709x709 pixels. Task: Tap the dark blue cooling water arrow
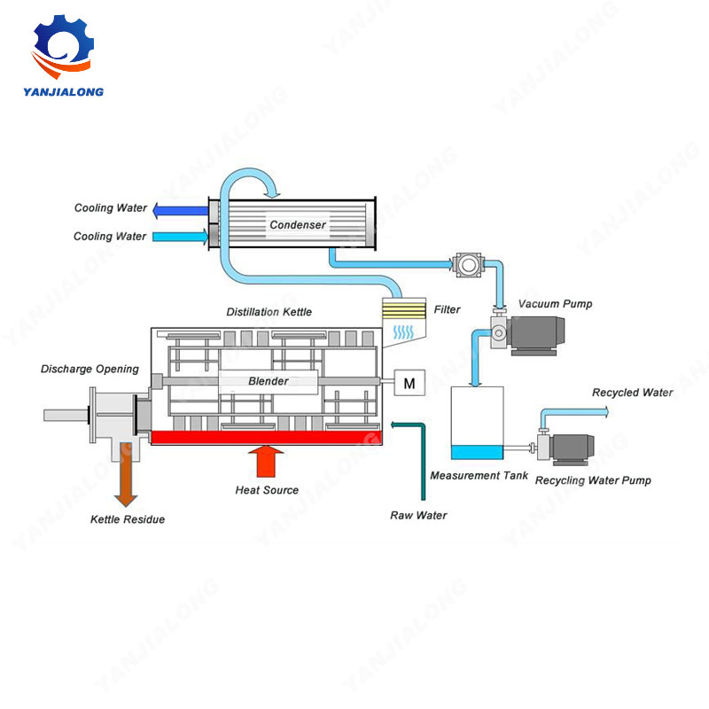click(178, 210)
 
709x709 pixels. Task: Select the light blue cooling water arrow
click(178, 237)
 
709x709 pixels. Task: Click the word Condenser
click(298, 225)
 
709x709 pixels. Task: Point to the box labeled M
click(409, 383)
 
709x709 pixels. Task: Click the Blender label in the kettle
click(269, 382)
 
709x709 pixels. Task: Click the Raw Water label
click(418, 515)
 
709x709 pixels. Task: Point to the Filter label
click(447, 310)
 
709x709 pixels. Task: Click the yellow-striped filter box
click(402, 310)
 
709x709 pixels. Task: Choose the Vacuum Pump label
click(555, 304)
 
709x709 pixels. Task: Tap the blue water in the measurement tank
click(476, 452)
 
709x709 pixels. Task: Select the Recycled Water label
click(632, 393)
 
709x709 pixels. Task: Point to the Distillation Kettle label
click(269, 312)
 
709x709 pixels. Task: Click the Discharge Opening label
click(90, 369)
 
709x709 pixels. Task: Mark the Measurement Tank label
click(479, 476)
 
